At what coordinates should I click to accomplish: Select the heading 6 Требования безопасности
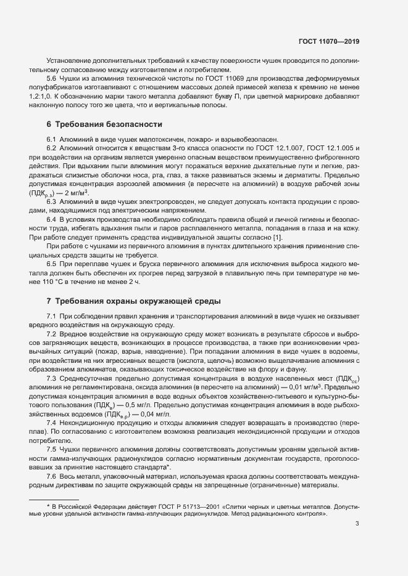[x=104, y=124]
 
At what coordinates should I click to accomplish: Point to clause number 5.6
[x=52, y=79]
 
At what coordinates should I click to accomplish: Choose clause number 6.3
[x=52, y=202]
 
